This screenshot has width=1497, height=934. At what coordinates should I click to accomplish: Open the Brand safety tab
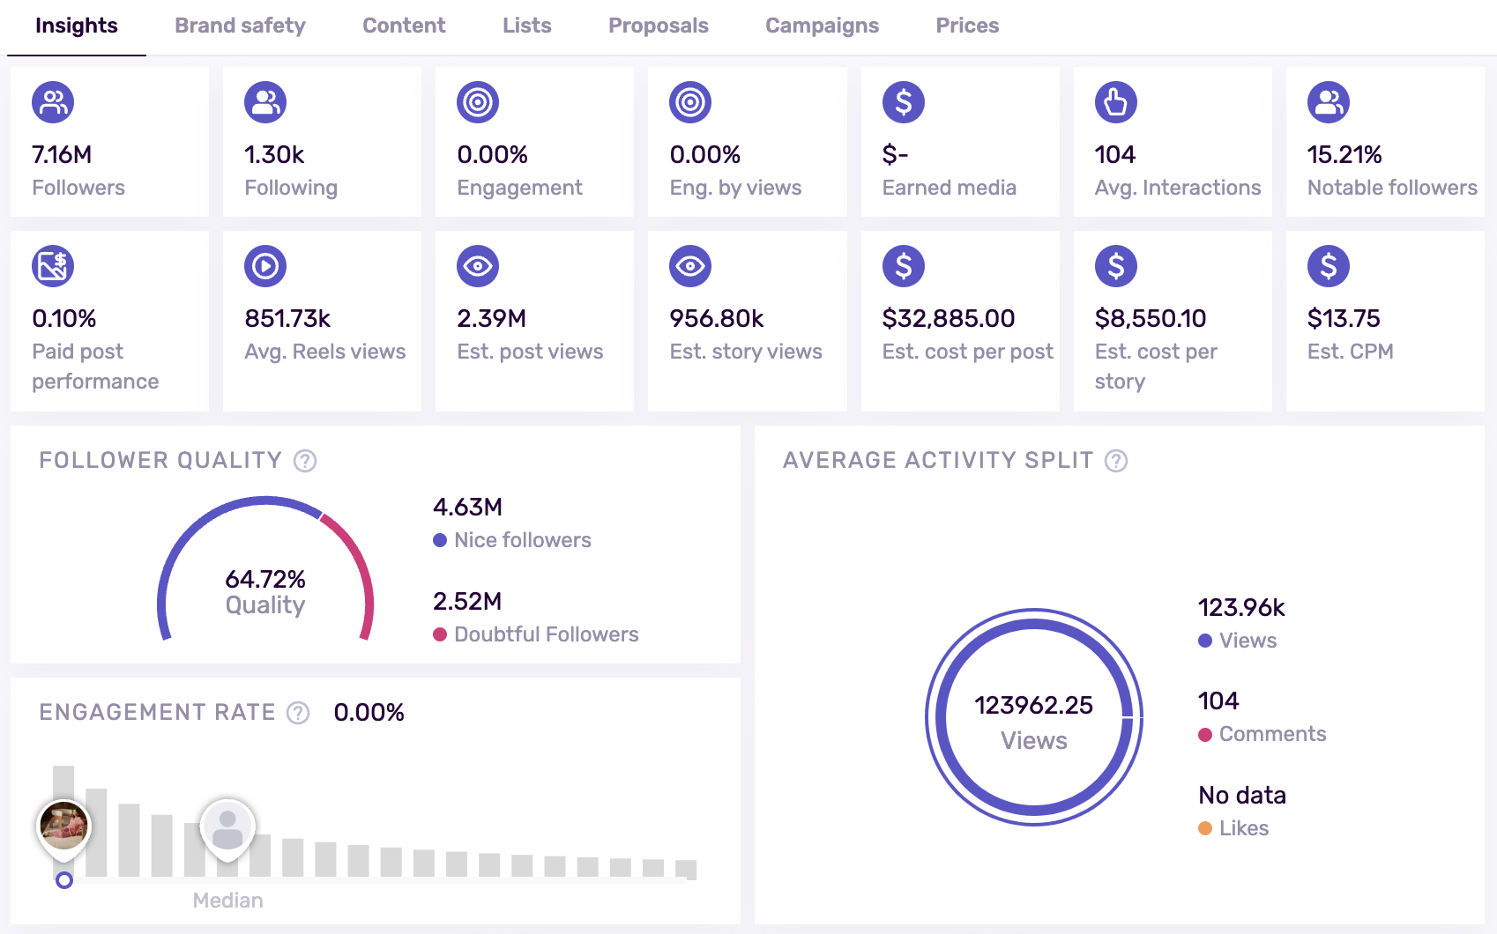[240, 26]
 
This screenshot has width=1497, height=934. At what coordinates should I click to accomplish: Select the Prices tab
[967, 26]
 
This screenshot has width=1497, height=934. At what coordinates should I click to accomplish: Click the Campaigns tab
[822, 26]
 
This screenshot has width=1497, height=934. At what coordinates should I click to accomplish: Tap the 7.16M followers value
[62, 155]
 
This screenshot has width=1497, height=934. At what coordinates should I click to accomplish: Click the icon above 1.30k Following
[265, 102]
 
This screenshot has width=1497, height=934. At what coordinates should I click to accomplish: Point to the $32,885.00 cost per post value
[948, 318]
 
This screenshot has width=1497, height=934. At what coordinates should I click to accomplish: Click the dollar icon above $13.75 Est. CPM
[1328, 266]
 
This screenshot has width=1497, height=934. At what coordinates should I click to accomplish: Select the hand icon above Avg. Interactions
[1115, 102]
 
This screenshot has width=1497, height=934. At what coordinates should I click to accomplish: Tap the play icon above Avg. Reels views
[265, 266]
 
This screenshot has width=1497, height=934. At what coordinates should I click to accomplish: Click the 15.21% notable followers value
[1344, 155]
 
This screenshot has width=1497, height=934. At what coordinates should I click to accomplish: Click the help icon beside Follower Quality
[305, 461]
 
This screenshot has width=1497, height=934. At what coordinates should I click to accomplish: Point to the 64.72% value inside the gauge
[265, 579]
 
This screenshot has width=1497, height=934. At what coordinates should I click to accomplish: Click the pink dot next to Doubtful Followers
[440, 634]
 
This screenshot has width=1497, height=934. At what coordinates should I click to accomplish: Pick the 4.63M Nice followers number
[467, 508]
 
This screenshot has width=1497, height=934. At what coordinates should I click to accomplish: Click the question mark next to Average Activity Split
[1116, 461]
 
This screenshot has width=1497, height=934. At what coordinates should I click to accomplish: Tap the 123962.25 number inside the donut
[1033, 705]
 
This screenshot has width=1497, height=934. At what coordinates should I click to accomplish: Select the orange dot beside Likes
[1205, 828]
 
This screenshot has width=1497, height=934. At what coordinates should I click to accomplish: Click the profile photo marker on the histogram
[63, 826]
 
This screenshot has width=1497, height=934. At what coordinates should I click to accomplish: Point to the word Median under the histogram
[227, 901]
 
